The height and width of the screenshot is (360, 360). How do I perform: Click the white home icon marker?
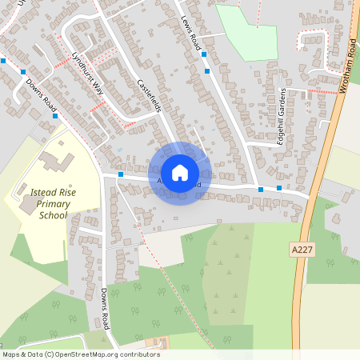[x=180, y=172]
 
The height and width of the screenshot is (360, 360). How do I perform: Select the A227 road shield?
[x=302, y=250]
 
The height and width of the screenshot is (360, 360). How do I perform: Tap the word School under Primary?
[x=54, y=215]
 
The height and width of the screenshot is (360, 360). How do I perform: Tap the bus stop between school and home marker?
[x=120, y=174]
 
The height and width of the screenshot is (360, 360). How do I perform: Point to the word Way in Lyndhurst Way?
[x=98, y=88]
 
